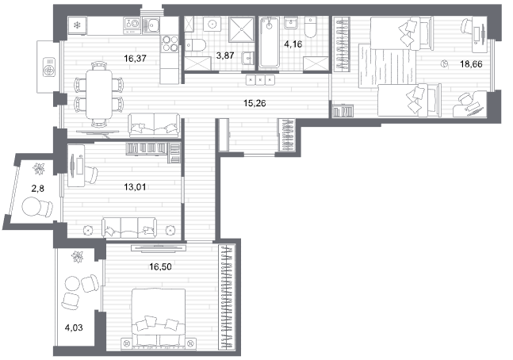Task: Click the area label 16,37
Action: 135,59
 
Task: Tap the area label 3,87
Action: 225,56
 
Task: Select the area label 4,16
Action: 293,44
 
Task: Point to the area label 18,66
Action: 471,64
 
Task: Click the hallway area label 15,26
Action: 255,103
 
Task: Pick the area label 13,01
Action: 135,187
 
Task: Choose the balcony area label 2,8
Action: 37,189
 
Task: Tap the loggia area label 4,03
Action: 74,327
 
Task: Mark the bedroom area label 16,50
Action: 160,267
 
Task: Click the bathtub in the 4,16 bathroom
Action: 270,43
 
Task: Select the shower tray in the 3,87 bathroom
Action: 242,29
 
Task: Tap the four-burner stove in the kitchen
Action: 170,43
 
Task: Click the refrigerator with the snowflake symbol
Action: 78,25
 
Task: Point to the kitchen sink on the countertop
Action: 151,25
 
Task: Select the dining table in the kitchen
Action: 99,94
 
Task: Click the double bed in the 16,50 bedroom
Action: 159,317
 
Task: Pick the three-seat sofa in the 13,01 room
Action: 129,228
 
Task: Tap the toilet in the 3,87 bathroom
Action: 195,45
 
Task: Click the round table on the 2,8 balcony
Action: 31,206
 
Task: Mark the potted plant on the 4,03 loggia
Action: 78,256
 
